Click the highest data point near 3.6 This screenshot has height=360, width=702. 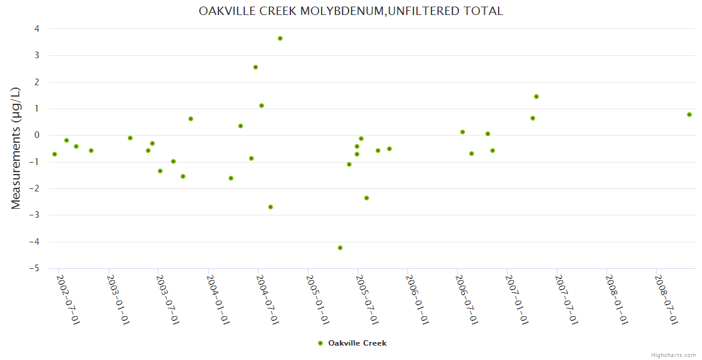coord(280,38)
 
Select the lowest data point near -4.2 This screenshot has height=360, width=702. coord(340,248)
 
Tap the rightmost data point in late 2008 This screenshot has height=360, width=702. coord(689,115)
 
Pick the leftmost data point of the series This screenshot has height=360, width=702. coord(55,154)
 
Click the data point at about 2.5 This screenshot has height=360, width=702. coord(256,67)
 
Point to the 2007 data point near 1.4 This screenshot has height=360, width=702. coord(536,97)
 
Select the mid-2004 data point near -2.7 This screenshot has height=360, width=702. coord(271,207)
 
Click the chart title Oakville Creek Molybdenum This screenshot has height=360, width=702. coord(351,11)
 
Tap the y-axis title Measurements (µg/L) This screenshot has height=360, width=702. coord(16,148)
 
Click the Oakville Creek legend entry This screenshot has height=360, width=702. coord(357,343)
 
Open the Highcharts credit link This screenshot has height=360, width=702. coord(673,355)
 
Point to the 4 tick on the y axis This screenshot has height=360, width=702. coord(37,29)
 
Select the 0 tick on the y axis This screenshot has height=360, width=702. coord(37,135)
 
